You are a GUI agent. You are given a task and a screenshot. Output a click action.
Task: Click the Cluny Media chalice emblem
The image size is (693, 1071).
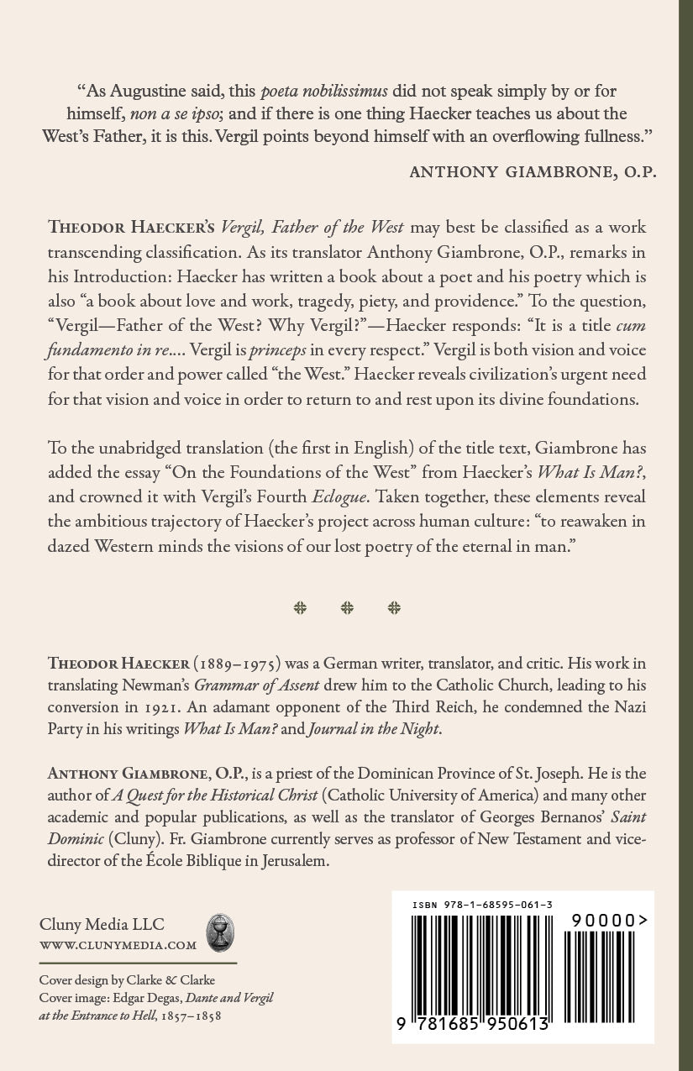pos(220,932)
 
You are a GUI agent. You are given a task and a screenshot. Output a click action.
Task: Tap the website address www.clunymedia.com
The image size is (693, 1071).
pos(118,945)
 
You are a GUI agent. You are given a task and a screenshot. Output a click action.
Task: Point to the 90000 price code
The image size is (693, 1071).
pos(609,921)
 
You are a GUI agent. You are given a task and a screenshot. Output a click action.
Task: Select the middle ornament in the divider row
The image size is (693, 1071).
pos(347,608)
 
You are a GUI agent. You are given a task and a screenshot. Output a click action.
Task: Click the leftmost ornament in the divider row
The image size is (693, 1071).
pos(300,608)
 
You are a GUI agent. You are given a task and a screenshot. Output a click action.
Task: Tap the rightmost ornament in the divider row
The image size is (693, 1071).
pos(394,608)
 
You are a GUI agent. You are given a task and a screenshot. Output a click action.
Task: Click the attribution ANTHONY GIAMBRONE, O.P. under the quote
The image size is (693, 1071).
pos(533,171)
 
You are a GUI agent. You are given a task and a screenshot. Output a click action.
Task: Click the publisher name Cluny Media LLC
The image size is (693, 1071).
pos(102,925)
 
